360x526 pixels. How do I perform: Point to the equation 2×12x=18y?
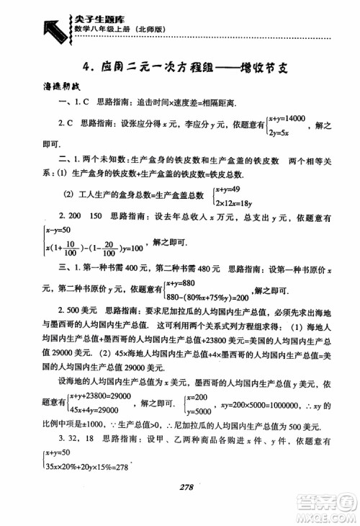pos(235,200)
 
